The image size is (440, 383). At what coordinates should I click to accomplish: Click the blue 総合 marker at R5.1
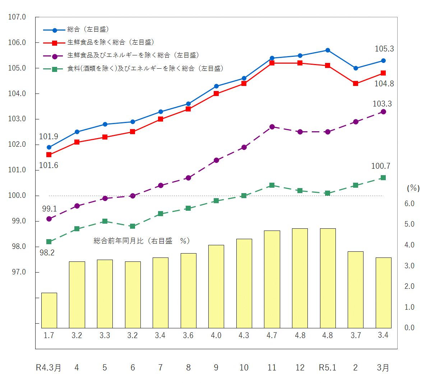(328, 50)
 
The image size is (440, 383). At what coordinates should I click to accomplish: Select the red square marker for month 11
(272, 63)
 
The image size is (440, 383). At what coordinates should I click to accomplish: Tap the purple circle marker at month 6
(133, 196)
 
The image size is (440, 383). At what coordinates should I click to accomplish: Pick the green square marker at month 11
(272, 185)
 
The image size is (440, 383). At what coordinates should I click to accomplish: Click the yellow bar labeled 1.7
(49, 310)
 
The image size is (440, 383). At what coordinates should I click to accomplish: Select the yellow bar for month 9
(216, 286)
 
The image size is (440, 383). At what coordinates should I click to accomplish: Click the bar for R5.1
(328, 278)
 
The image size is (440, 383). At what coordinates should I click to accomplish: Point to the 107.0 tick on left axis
(17, 17)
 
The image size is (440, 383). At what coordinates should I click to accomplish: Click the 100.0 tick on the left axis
(17, 196)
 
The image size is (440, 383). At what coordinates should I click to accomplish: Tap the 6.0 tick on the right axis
(409, 204)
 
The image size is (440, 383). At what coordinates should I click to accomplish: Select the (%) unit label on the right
(413, 188)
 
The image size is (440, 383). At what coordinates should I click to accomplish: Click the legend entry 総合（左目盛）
(88, 29)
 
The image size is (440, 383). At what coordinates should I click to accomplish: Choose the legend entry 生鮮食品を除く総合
(111, 42)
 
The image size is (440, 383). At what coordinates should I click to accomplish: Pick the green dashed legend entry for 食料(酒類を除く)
(145, 68)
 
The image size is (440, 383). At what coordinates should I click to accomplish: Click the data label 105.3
(384, 49)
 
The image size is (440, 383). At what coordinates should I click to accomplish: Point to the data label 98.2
(47, 253)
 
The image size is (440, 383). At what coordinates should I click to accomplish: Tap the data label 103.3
(382, 104)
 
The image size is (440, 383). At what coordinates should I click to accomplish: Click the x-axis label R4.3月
(48, 368)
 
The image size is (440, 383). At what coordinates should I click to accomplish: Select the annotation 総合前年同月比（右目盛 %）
(142, 241)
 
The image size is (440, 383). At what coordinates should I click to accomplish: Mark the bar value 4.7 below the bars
(272, 335)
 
